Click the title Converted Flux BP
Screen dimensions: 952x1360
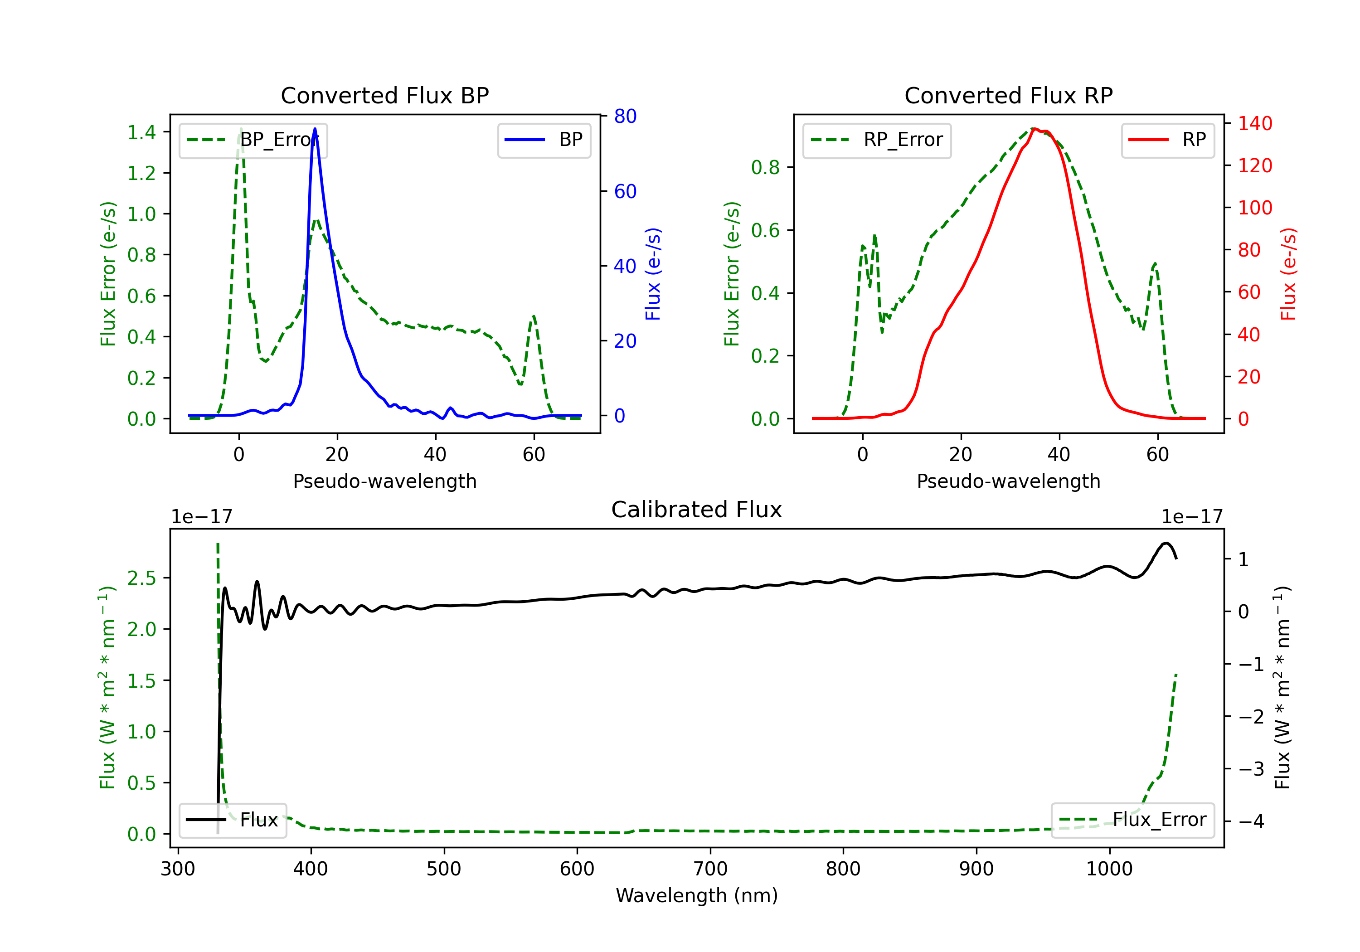click(x=384, y=95)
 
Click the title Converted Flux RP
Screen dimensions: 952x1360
click(x=1008, y=95)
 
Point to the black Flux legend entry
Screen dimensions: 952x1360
click(x=233, y=820)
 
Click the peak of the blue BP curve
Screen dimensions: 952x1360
click(x=315, y=129)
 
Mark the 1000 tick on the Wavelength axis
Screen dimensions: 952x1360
click(x=1109, y=869)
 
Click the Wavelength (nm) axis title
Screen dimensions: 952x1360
click(x=697, y=896)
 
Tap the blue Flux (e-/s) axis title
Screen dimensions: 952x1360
click(x=653, y=274)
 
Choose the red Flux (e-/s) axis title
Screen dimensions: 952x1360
click(x=1288, y=274)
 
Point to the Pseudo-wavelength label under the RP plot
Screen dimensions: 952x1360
click(x=1008, y=481)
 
